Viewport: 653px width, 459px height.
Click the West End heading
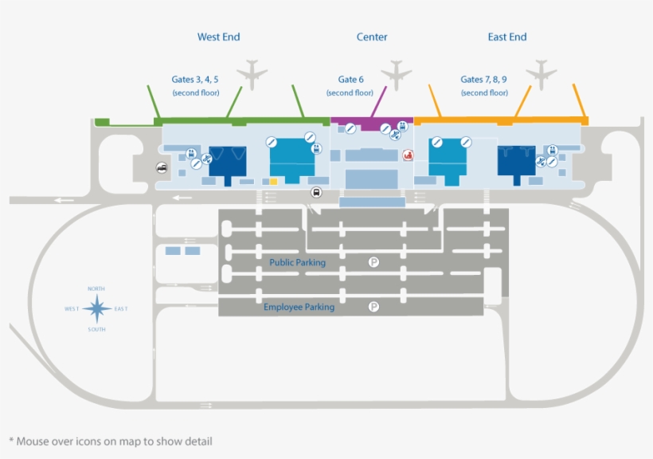click(x=218, y=37)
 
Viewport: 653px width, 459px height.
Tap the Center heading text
click(x=372, y=37)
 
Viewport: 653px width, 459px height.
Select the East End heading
click(x=507, y=37)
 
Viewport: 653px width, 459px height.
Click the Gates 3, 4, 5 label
click(x=195, y=80)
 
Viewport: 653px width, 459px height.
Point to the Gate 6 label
click(x=350, y=80)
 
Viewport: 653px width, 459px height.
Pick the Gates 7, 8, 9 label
click(x=484, y=80)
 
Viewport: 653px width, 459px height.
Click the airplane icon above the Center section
click(x=396, y=76)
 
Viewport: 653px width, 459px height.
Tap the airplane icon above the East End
click(x=542, y=74)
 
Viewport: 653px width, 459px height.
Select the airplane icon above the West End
click(x=252, y=74)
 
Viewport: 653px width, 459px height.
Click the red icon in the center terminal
click(x=409, y=155)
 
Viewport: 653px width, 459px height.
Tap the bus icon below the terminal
click(x=316, y=192)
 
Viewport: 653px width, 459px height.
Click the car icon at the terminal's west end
click(x=162, y=168)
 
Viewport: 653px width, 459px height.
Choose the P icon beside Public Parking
click(x=373, y=261)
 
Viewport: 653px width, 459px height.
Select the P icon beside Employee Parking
click(x=373, y=307)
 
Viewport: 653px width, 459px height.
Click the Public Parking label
click(x=297, y=262)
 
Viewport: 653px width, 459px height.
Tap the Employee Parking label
click(x=299, y=307)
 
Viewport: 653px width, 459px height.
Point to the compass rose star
click(x=97, y=308)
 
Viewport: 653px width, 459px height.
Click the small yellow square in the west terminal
click(x=273, y=182)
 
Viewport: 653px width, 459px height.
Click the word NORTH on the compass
click(x=96, y=288)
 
